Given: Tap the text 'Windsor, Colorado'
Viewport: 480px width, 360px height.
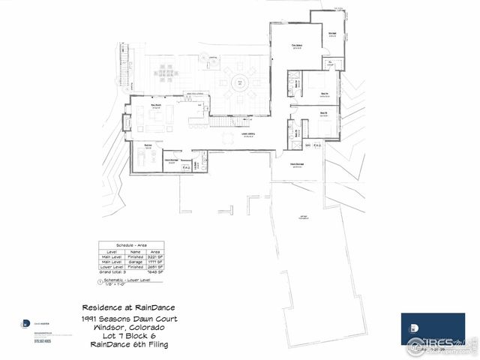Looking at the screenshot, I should pyautogui.click(x=125, y=327).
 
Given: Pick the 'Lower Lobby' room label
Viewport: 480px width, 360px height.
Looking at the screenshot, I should pyautogui.click(x=248, y=136).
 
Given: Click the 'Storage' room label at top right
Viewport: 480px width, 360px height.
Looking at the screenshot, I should pyautogui.click(x=331, y=33).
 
